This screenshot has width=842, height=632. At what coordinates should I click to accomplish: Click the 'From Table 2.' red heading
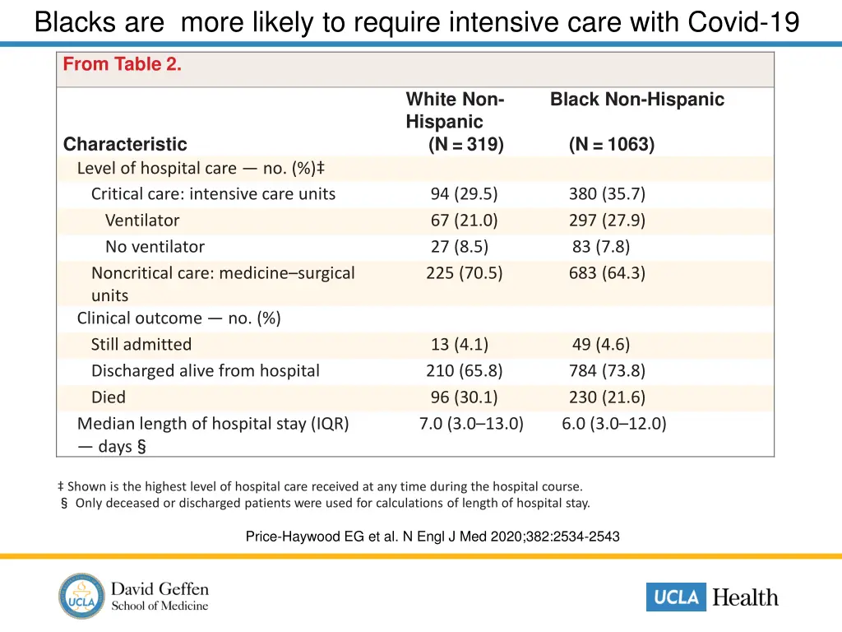coord(123,64)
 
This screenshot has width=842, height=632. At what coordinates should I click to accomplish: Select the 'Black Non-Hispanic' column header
coord(636,100)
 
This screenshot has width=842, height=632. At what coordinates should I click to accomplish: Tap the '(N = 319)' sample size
coord(465,145)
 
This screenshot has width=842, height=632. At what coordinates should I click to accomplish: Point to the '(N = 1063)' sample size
coord(611,145)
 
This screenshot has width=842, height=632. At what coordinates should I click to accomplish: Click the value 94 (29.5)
coord(464,194)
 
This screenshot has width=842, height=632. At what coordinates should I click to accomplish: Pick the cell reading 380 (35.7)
coord(607,194)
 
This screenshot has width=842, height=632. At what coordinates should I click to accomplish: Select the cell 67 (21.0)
coord(464,221)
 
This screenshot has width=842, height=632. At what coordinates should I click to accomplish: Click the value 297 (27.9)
coord(607,221)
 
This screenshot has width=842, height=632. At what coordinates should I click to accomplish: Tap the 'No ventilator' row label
coord(155,247)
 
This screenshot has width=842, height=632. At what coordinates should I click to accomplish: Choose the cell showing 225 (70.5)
coord(464,273)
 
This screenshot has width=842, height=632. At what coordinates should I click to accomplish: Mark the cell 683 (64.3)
coord(607,273)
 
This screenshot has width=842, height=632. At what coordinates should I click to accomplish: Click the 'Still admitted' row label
coord(141,345)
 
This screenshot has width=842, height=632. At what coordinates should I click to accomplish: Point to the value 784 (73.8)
coord(607,371)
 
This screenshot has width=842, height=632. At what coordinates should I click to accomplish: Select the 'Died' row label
coord(109,397)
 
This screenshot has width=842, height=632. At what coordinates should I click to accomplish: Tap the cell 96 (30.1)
coord(464,397)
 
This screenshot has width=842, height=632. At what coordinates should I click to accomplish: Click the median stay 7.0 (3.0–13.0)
coord(471,424)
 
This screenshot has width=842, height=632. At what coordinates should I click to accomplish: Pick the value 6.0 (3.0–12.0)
coord(614,424)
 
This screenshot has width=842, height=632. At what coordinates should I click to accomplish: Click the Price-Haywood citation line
coord(433,537)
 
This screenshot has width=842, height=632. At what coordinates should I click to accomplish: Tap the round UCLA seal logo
coord(82,597)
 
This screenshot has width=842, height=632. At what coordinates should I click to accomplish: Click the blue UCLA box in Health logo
coord(676,597)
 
